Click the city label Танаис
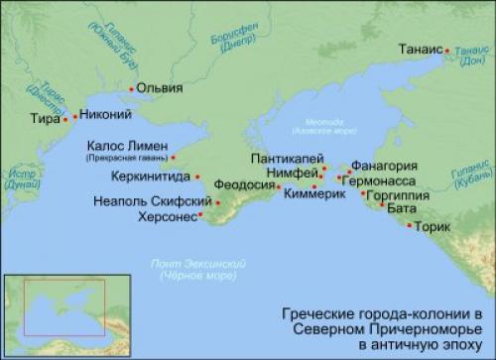(421, 47)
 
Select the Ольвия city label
(160, 87)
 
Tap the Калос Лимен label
(124, 145)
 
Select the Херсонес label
(166, 215)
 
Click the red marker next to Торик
(406, 226)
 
